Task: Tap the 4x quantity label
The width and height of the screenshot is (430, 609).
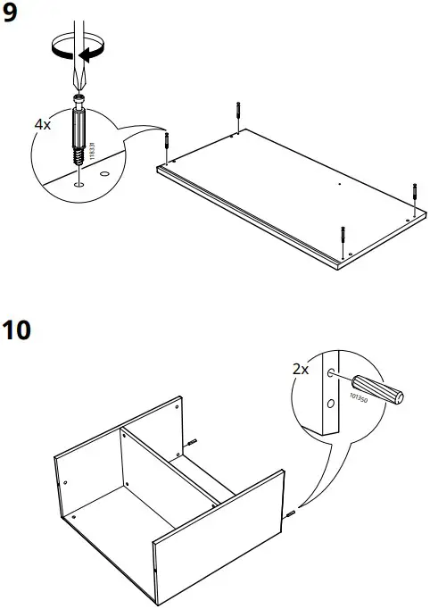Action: click(x=43, y=124)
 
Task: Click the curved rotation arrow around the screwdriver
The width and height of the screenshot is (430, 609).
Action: click(x=76, y=46)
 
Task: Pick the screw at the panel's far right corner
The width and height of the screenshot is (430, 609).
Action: click(x=413, y=192)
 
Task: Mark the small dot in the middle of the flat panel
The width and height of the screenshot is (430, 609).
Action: click(x=340, y=185)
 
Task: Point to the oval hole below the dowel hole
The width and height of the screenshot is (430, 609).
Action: click(x=331, y=404)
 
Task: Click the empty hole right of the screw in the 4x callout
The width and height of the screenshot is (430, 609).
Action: click(x=104, y=174)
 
